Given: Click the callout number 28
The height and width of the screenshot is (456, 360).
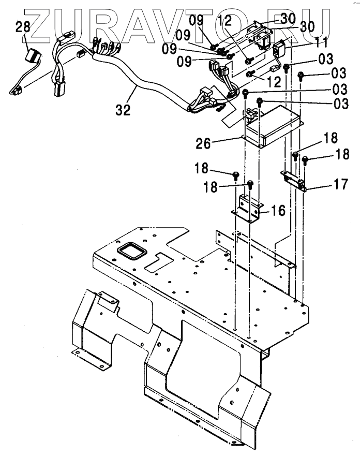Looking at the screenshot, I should pyautogui.click(x=23, y=27).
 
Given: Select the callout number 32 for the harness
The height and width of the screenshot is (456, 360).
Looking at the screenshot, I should pyautogui.click(x=123, y=110).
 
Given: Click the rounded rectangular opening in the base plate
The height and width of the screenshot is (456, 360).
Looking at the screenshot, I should pyautogui.click(x=132, y=253).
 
